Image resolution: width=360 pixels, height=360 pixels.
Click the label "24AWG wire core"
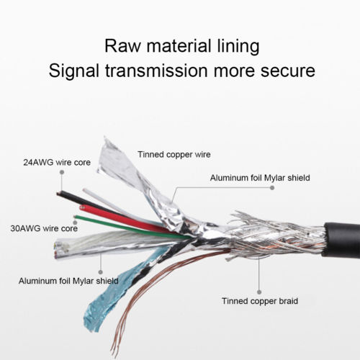pyautogui.click(x=57, y=163)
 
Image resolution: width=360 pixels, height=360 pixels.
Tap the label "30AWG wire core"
pyautogui.click(x=44, y=228)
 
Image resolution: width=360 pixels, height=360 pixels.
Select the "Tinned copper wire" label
pyautogui.click(x=174, y=155)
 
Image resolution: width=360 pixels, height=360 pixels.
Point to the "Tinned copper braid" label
pyautogui.click(x=260, y=301)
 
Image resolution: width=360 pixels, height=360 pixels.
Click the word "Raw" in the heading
pyautogui.click(x=122, y=45)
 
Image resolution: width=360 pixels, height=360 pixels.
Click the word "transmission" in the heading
pyautogui.click(x=156, y=71)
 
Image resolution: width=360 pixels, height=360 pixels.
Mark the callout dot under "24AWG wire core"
pyautogui.click(x=62, y=172)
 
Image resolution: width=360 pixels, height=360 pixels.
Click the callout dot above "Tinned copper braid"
pyautogui.click(x=259, y=292)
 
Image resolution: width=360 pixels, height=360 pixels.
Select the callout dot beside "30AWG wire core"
pyautogui.click(x=75, y=222)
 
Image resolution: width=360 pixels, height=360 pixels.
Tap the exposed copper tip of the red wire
pyautogui.click(x=82, y=207)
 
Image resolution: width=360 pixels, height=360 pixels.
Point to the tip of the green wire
pyautogui.click(x=75, y=217)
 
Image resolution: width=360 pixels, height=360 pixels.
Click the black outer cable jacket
pyautogui.click(x=341, y=240)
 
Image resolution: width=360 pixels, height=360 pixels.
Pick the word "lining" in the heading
pyautogui.click(x=238, y=46)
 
